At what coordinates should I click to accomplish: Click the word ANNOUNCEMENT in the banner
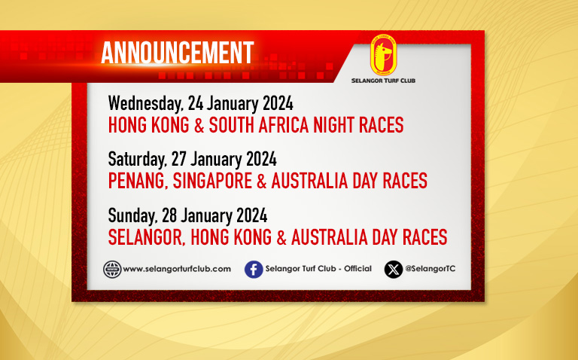point(178,53)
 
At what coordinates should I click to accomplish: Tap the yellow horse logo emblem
point(383,55)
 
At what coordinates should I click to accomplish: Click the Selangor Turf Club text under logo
point(383,81)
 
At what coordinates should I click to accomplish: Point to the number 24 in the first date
point(196,103)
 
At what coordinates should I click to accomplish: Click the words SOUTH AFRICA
point(259,125)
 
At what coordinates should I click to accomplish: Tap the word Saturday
point(138,160)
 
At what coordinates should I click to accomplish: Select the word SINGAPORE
point(212,181)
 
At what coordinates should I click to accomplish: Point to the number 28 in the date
point(169,215)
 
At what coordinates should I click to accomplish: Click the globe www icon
point(112,270)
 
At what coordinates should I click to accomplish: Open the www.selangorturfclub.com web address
point(177,269)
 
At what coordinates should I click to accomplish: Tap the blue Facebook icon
point(254,270)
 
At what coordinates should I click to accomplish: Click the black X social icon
point(394,270)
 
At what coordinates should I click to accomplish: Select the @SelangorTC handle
point(430,269)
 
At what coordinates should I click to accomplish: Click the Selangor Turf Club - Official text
point(318,269)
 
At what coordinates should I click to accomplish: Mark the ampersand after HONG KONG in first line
point(199,125)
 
